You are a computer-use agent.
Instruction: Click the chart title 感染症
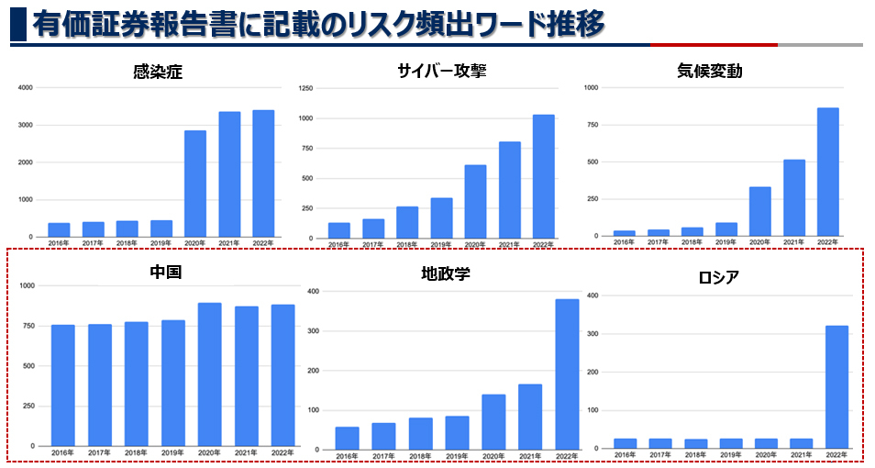point(158,72)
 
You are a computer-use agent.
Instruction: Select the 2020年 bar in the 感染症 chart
point(195,184)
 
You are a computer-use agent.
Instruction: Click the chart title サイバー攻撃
point(442,72)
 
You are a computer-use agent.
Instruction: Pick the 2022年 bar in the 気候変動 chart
point(827,173)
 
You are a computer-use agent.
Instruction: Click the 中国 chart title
point(165,273)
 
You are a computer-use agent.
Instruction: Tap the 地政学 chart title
point(445,273)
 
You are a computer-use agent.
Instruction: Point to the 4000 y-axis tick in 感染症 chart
point(25,88)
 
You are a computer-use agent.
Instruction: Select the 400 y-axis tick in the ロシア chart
point(592,295)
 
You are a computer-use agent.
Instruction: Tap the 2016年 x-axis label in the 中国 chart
point(63,453)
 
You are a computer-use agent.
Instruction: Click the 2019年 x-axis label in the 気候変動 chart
point(726,243)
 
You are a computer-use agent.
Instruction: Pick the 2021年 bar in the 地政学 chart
point(530,418)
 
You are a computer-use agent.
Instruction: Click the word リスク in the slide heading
point(375,25)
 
